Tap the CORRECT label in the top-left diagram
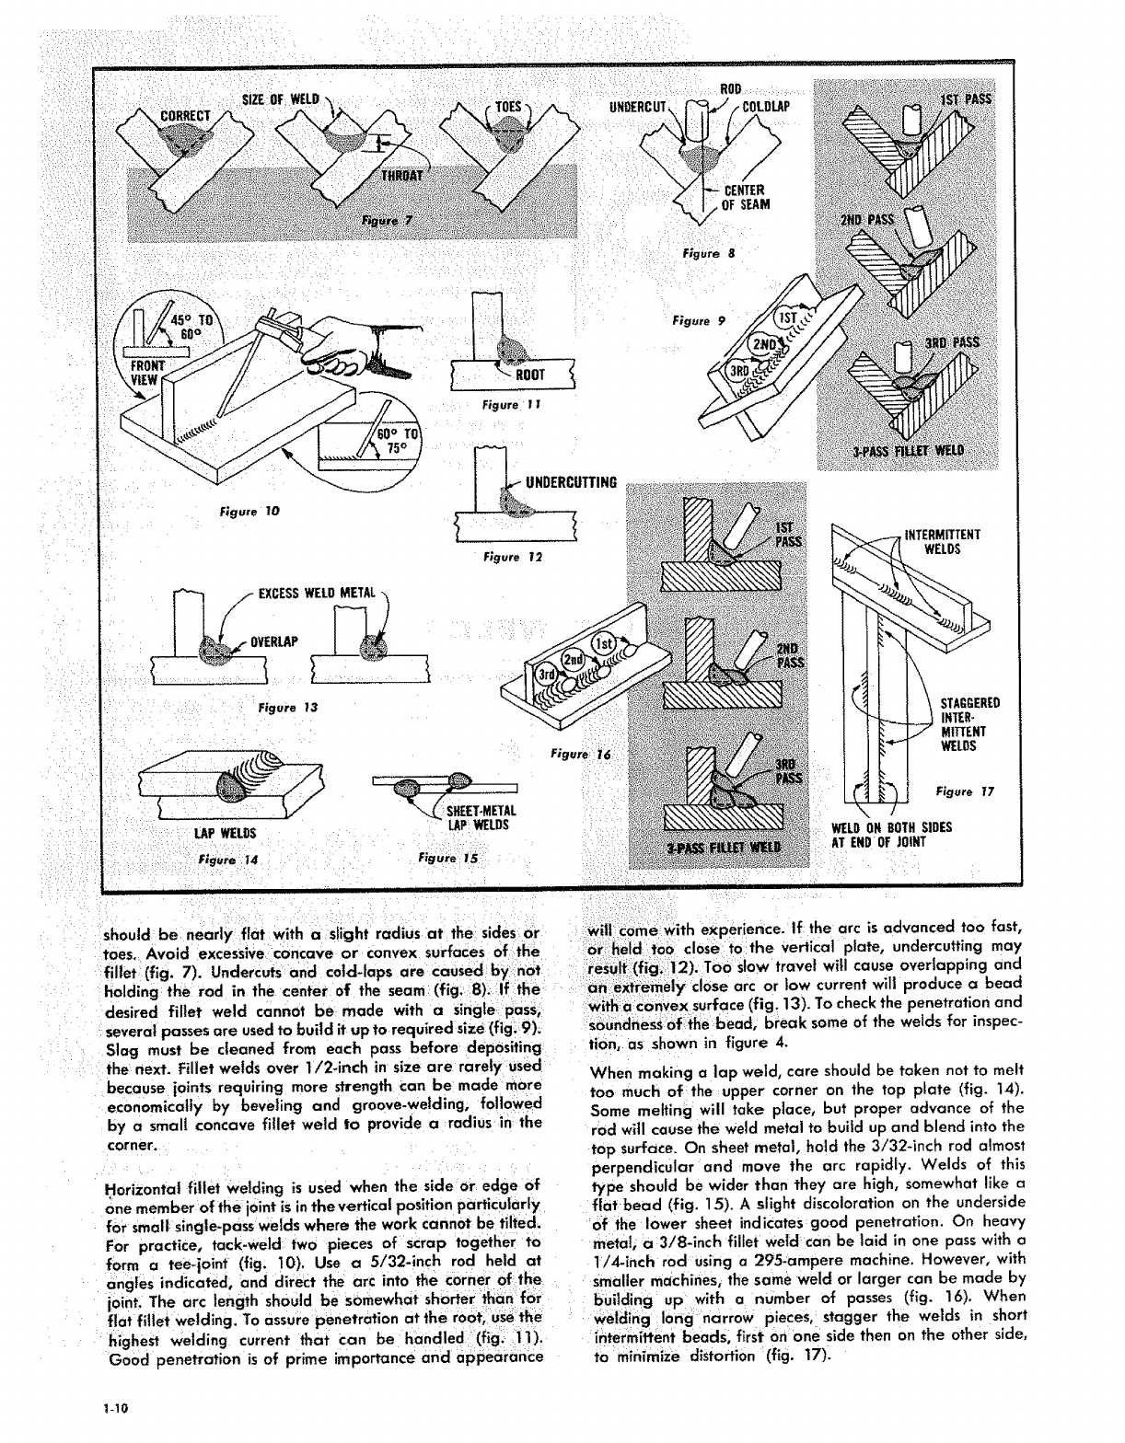pyautogui.click(x=186, y=116)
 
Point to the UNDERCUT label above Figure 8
pyautogui.click(x=643, y=105)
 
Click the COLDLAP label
pyautogui.click(x=766, y=105)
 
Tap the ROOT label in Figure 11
pyautogui.click(x=530, y=375)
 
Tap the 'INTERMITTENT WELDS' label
pyautogui.click(x=943, y=542)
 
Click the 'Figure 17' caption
pyautogui.click(x=965, y=791)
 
